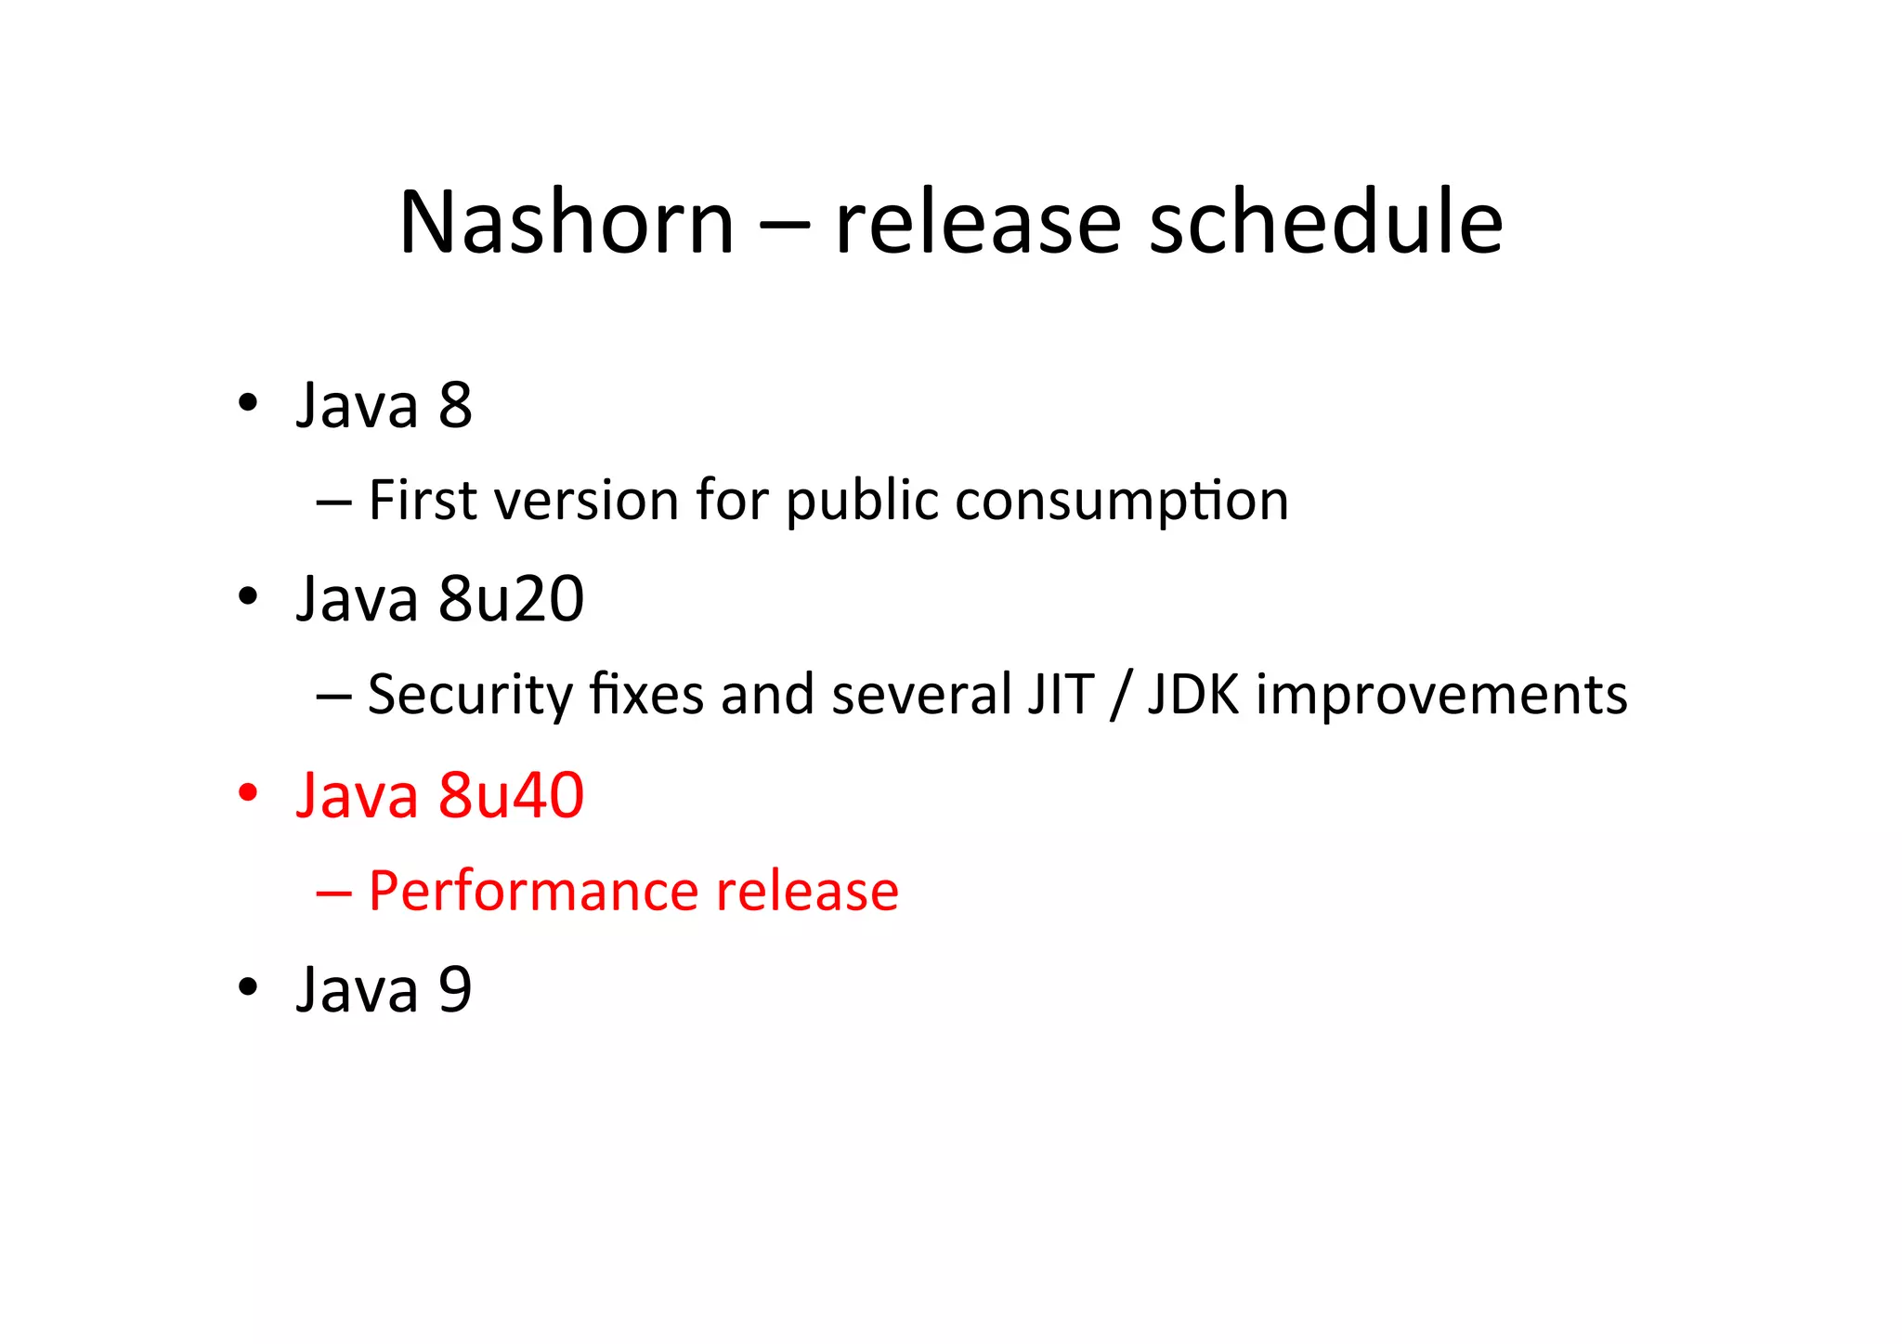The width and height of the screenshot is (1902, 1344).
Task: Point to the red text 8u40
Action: pyautogui.click(x=511, y=796)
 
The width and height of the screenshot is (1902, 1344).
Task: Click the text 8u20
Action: pyautogui.click(x=511, y=599)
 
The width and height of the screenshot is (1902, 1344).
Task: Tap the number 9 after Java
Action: pyautogui.click(x=455, y=989)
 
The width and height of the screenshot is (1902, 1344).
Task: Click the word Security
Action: pyautogui.click(x=470, y=695)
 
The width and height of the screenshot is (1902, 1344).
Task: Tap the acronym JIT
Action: pyautogui.click(x=1061, y=695)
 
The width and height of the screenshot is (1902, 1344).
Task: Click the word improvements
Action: pyautogui.click(x=1441, y=695)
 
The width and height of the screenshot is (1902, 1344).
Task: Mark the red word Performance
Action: pyautogui.click(x=533, y=892)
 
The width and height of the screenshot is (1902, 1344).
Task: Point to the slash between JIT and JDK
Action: pyautogui.click(x=1121, y=695)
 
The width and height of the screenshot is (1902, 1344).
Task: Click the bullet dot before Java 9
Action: pyautogui.click(x=247, y=987)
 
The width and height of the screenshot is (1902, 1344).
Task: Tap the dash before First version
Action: pyautogui.click(x=333, y=502)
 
